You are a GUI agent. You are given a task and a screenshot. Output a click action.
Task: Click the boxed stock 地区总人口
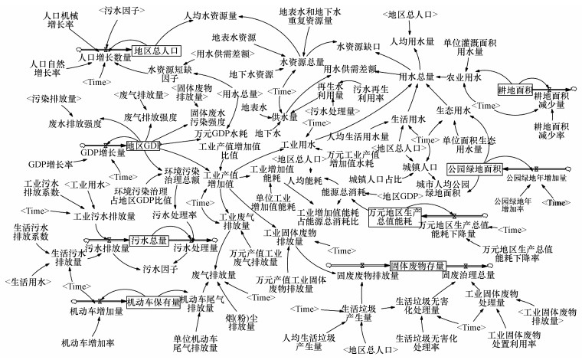pyautogui.click(x=155, y=51)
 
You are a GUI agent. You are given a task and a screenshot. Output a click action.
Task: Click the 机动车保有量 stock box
pyautogui.click(x=153, y=302)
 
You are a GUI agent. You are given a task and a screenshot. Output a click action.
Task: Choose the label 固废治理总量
pyautogui.click(x=466, y=274)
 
